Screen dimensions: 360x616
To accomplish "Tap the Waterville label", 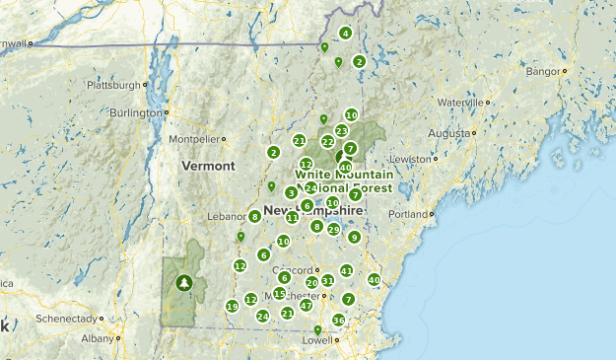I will pos(461,102).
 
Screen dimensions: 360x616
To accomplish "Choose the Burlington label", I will pos(132,112).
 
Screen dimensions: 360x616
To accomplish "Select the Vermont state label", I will pos(208,166).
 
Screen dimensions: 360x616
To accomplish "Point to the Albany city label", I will pos(98,338).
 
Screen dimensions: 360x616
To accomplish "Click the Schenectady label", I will pos(67,320).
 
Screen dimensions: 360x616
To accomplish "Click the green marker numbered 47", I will pos(306,306).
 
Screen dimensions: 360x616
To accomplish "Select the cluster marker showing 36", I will pos(338,320).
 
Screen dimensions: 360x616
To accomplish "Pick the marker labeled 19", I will pos(232,307).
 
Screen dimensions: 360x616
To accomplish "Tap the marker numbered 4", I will pos(345,34).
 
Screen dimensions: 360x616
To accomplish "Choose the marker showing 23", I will pos(341,130).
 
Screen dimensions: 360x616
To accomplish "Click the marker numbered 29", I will pos(333,230).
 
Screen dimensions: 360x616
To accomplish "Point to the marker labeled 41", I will pos(346,270).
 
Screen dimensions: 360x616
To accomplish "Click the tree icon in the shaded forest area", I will pos(183,283).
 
